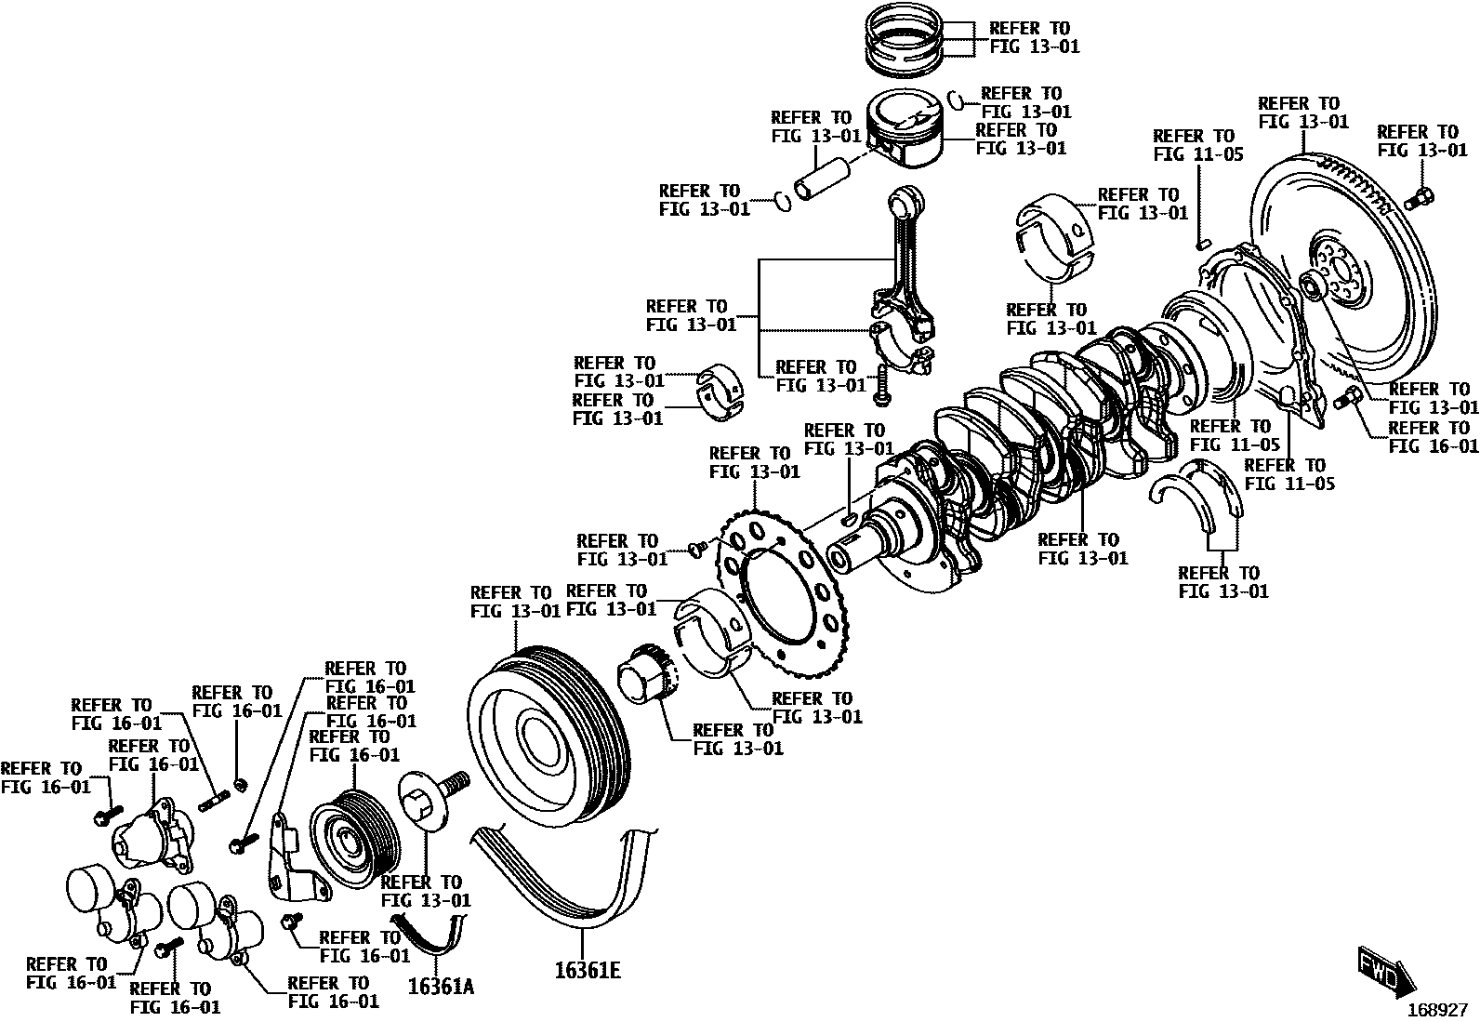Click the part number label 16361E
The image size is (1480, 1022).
[x=587, y=970]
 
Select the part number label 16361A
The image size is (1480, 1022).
[x=440, y=986]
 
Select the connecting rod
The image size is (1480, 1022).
[x=901, y=279]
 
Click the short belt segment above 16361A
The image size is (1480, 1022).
[x=428, y=935]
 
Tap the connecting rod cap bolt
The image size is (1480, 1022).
[x=880, y=386]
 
